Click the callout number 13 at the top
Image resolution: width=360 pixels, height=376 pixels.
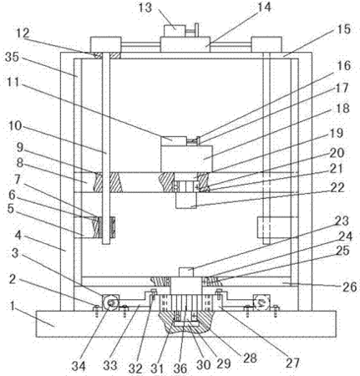145,8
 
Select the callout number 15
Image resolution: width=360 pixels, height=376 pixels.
343,29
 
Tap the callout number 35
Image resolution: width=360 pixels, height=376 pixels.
12,57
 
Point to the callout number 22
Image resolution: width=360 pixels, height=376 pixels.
337,187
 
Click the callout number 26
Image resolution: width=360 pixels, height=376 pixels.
349,287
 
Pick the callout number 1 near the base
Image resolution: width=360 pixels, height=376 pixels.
12,306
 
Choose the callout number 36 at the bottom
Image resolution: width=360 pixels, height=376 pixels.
180,368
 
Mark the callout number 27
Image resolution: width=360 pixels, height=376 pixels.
292,363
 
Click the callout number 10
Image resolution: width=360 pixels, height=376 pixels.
14,126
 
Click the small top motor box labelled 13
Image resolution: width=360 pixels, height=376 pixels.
175,31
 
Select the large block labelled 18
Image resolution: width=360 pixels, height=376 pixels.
186,158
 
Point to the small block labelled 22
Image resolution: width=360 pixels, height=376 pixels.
186,200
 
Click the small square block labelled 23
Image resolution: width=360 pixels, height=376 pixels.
186,272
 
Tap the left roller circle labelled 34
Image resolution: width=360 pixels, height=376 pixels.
110,302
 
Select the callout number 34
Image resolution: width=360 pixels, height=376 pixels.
79,366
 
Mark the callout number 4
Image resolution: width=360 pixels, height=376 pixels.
18,236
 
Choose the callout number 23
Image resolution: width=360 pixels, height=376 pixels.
342,221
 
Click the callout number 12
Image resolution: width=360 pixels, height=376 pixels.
23,33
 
